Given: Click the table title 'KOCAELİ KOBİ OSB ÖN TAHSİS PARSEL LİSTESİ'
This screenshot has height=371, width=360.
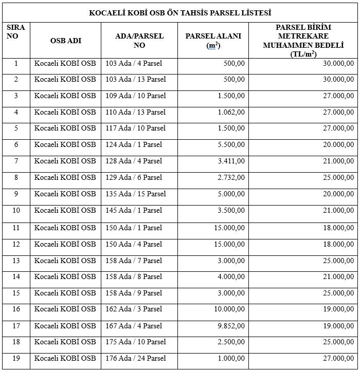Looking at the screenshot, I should point(180,12).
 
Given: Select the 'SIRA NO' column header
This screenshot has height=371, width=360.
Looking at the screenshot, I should point(16,32).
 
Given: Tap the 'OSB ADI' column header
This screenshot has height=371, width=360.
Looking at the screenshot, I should point(65,41).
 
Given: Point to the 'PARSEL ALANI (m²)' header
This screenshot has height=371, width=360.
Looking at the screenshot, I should point(213,41).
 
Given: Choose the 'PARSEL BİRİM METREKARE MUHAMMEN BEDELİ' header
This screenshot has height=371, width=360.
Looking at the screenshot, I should point(303,41).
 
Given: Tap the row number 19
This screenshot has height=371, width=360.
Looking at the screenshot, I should point(16,359).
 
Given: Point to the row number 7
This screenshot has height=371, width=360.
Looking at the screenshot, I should point(16,161).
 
